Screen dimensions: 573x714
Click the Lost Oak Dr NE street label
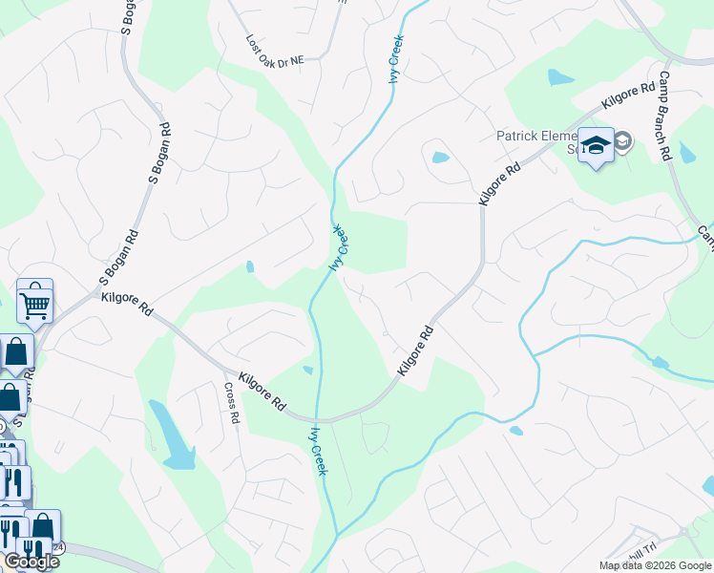pyautogui.click(x=274, y=53)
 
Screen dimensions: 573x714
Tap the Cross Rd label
pyautogui.click(x=233, y=404)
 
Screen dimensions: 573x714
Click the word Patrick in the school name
pyautogui.click(x=519, y=136)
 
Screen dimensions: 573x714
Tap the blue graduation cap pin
pyautogui.click(x=596, y=145)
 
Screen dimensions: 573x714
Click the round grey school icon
pyautogui.click(x=623, y=141)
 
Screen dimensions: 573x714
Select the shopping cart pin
pyautogui.click(x=34, y=304)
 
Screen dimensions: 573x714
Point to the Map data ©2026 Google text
pyautogui.click(x=655, y=565)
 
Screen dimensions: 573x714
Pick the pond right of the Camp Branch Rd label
pyautogui.click(x=688, y=152)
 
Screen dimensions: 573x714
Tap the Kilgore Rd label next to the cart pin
pyautogui.click(x=127, y=306)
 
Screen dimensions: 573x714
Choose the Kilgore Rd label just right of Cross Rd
pyautogui.click(x=263, y=392)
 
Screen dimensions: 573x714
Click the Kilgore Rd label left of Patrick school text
pyautogui.click(x=500, y=181)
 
